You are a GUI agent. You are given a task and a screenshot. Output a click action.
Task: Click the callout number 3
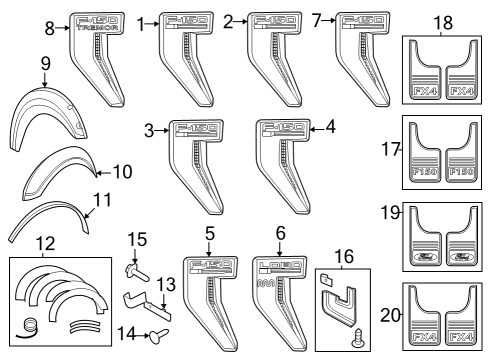tap(148, 129)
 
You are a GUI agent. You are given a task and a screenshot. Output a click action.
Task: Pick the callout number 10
tap(122, 171)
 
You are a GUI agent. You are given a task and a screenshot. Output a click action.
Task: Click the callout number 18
tap(443, 22)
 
